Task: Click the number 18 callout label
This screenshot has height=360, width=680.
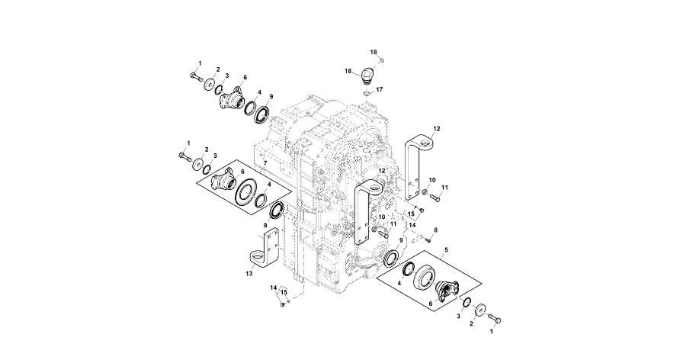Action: click(374, 52)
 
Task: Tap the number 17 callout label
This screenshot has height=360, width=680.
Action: click(380, 89)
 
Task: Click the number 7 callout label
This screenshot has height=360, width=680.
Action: click(265, 163)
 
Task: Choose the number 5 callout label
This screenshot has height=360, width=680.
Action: click(446, 249)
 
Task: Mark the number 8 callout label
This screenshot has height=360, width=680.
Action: click(435, 229)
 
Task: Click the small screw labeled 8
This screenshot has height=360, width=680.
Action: click(429, 238)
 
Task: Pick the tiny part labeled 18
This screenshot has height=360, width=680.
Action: click(382, 59)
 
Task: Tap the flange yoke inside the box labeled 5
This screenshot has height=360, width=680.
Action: click(445, 292)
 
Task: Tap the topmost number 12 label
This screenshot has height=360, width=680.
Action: click(438, 129)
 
